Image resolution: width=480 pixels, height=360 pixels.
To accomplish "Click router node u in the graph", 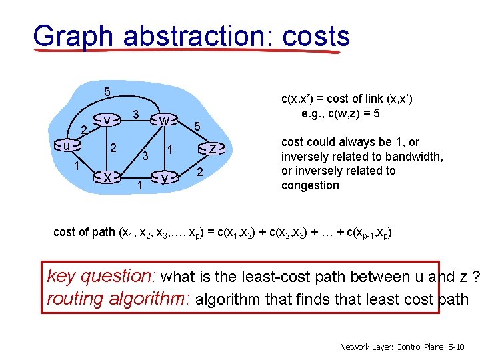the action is pos(67,145).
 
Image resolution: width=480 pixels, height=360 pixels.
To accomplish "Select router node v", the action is pos(107,120).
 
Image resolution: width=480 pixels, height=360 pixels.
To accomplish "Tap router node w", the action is pos(164,120).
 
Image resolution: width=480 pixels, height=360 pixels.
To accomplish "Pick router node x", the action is pos(107,177).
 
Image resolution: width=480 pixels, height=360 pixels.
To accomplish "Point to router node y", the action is pos(165,177).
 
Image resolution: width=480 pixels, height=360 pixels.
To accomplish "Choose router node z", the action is pos(212,149).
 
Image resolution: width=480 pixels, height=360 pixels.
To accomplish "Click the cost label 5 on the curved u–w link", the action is pos(107,91).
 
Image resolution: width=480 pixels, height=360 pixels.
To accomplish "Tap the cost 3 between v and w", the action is pos(136,114).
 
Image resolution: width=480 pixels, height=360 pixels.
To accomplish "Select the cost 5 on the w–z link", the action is pos(197,126).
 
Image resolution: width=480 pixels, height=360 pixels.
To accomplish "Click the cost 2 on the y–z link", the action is pos(200,172).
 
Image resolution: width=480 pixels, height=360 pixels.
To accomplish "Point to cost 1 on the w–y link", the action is pos(170,150).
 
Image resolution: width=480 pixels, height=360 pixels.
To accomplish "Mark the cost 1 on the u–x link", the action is pos(77,165).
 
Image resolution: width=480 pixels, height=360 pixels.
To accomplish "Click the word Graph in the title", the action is pos(73,37).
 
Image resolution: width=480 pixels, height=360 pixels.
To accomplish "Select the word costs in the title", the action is pos(316,37).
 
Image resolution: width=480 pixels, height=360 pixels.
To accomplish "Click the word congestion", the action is pos(310,185).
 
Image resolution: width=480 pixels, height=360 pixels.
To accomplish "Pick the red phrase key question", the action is pos(99,276).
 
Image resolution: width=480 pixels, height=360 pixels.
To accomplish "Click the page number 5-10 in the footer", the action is pos(456,347).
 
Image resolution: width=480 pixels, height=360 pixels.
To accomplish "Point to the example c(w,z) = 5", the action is pos(341,113).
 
